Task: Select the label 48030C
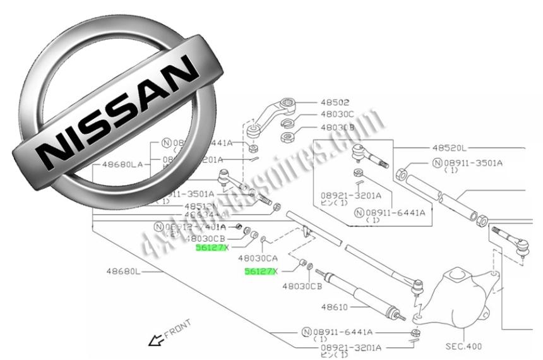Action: pos(337,114)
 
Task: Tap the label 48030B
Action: pos(337,126)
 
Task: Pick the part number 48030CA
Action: pos(258,258)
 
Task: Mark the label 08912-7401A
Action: pos(190,227)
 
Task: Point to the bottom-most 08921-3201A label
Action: pos(350,347)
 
